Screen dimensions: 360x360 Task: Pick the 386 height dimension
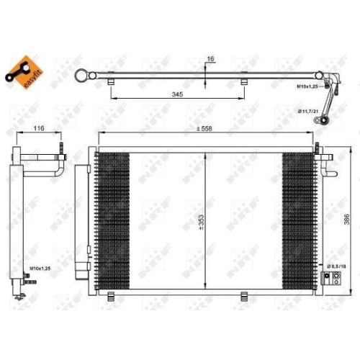348,216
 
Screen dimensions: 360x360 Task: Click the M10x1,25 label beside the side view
40,270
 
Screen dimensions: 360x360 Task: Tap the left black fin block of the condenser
113,220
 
